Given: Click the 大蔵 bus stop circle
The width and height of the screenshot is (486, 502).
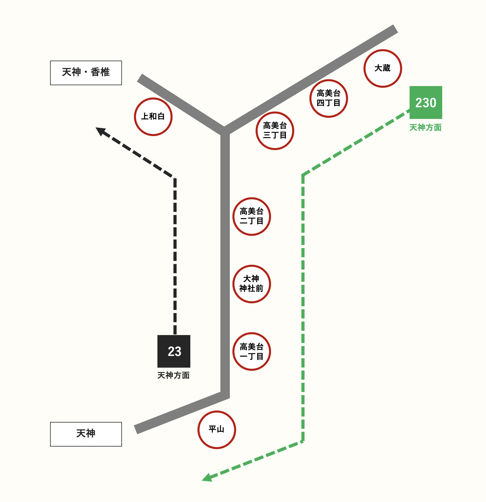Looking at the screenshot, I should [383, 68].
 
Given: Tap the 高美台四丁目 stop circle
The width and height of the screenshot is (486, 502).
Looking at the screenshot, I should [329, 98].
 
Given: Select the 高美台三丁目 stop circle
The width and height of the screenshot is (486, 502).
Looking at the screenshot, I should [275, 131].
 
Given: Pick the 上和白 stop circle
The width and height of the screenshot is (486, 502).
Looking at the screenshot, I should [153, 117].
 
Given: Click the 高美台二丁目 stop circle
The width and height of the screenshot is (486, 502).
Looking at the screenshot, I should [252, 216].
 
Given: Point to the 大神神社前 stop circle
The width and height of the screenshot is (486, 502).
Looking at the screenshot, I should [252, 284].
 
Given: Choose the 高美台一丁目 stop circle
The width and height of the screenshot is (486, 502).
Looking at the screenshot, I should [252, 351].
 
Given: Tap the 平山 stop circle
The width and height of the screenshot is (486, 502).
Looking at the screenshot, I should [217, 430].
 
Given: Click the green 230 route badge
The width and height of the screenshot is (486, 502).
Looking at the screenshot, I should [426, 102].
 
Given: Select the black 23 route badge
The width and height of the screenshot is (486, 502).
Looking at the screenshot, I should [174, 351].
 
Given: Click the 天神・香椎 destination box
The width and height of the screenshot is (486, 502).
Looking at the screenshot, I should [86, 73].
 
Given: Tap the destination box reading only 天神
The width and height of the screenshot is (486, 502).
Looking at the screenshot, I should [86, 434].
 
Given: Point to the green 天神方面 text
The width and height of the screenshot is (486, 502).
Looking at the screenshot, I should [425, 128].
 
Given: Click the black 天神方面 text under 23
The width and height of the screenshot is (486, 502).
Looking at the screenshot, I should [173, 375].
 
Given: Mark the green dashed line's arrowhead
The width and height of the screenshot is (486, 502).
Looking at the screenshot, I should [207, 478].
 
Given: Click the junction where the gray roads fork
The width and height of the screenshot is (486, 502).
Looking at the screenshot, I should [225, 131].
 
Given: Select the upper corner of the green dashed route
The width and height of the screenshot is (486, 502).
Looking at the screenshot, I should [303, 175].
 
